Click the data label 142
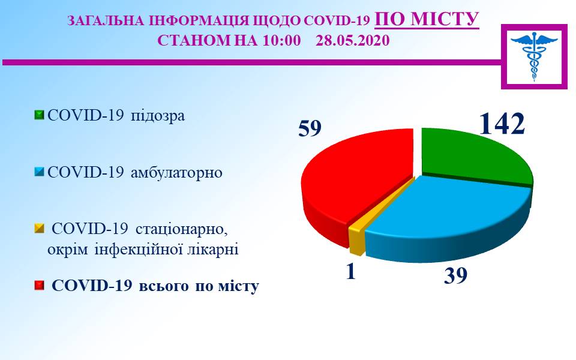point(502,123)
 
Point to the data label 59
point(310,128)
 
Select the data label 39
point(455,275)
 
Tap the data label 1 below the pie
point(351,272)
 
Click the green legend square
point(39,115)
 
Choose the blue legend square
point(39,172)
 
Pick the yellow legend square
point(39,229)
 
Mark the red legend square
point(39,286)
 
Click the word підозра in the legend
point(158,116)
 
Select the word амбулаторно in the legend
point(176,173)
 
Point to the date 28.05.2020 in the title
point(353,40)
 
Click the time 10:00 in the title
point(282,40)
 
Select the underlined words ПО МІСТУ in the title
point(427,19)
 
